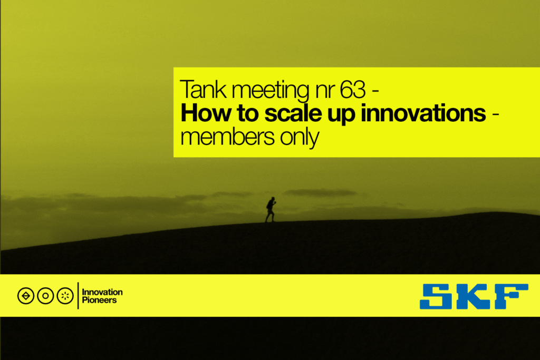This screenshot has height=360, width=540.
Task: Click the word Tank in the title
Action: click(203, 90)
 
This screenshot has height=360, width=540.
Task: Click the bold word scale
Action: click(293, 113)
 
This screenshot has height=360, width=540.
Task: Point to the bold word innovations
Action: click(423, 113)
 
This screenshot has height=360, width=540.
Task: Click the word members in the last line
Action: click(227, 137)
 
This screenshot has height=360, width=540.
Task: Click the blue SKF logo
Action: click(474, 296)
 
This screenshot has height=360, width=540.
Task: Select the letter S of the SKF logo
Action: click(436, 296)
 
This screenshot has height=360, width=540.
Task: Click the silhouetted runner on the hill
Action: click(271, 209)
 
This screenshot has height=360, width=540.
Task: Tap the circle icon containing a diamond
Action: click(26, 296)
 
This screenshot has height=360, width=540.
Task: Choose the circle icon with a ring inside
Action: click(45, 296)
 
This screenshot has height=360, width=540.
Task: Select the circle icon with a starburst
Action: click(65, 296)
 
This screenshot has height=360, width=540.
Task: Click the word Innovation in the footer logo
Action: click(102, 292)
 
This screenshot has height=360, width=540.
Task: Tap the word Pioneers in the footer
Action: click(99, 300)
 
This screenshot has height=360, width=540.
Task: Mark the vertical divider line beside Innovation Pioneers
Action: click(78, 296)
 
